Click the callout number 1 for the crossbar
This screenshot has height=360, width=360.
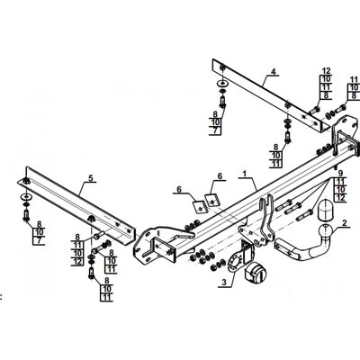click(x=245, y=174)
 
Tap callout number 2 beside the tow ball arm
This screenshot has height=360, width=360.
click(x=344, y=223)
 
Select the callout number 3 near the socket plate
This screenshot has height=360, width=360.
click(x=224, y=282)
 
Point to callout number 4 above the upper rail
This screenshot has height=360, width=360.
click(x=273, y=71)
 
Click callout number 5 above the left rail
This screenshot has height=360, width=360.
click(x=91, y=178)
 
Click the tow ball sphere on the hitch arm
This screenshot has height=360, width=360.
click(x=325, y=231)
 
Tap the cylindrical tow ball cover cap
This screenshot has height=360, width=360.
click(x=324, y=210)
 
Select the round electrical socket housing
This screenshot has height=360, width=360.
click(x=255, y=272)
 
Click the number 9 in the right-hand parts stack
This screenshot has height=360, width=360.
click(x=340, y=173)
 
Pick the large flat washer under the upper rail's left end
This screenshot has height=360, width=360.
click(x=222, y=82)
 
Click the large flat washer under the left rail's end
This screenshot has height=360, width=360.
click(x=26, y=197)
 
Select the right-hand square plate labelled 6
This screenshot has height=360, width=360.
click(x=212, y=200)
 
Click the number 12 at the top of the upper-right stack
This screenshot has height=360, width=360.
click(x=326, y=71)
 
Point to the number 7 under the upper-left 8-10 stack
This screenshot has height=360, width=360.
click(x=215, y=130)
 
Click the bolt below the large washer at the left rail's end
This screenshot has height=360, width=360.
click(x=26, y=215)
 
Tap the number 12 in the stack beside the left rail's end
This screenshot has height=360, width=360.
click(x=77, y=262)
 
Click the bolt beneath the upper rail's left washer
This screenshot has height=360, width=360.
click(x=222, y=102)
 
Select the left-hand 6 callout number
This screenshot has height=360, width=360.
click(x=179, y=189)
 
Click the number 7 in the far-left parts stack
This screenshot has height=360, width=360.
click(x=39, y=240)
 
